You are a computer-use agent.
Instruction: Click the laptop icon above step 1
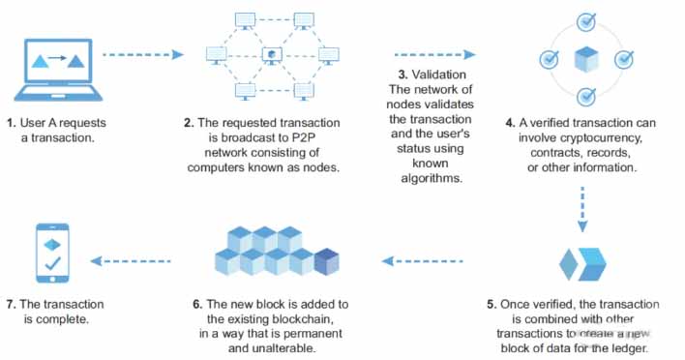[59, 70]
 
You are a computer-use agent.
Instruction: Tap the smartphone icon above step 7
[52, 254]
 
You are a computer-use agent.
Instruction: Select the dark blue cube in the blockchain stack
[327, 261]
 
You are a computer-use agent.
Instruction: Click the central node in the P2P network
[272, 55]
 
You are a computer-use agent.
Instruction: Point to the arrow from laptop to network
[143, 54]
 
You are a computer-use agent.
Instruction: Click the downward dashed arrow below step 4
[582, 209]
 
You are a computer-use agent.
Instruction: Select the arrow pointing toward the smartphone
[131, 261]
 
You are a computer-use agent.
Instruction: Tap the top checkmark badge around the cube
[586, 22]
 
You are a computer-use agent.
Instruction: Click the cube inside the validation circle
[586, 59]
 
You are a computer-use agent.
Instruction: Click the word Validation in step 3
[439, 75]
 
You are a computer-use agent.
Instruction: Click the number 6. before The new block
[197, 304]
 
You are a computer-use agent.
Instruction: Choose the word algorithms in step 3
[432, 178]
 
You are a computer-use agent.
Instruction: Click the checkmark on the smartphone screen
[52, 263]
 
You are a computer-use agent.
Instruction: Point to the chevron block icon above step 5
[582, 264]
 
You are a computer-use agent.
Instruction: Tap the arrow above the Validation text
[435, 54]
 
